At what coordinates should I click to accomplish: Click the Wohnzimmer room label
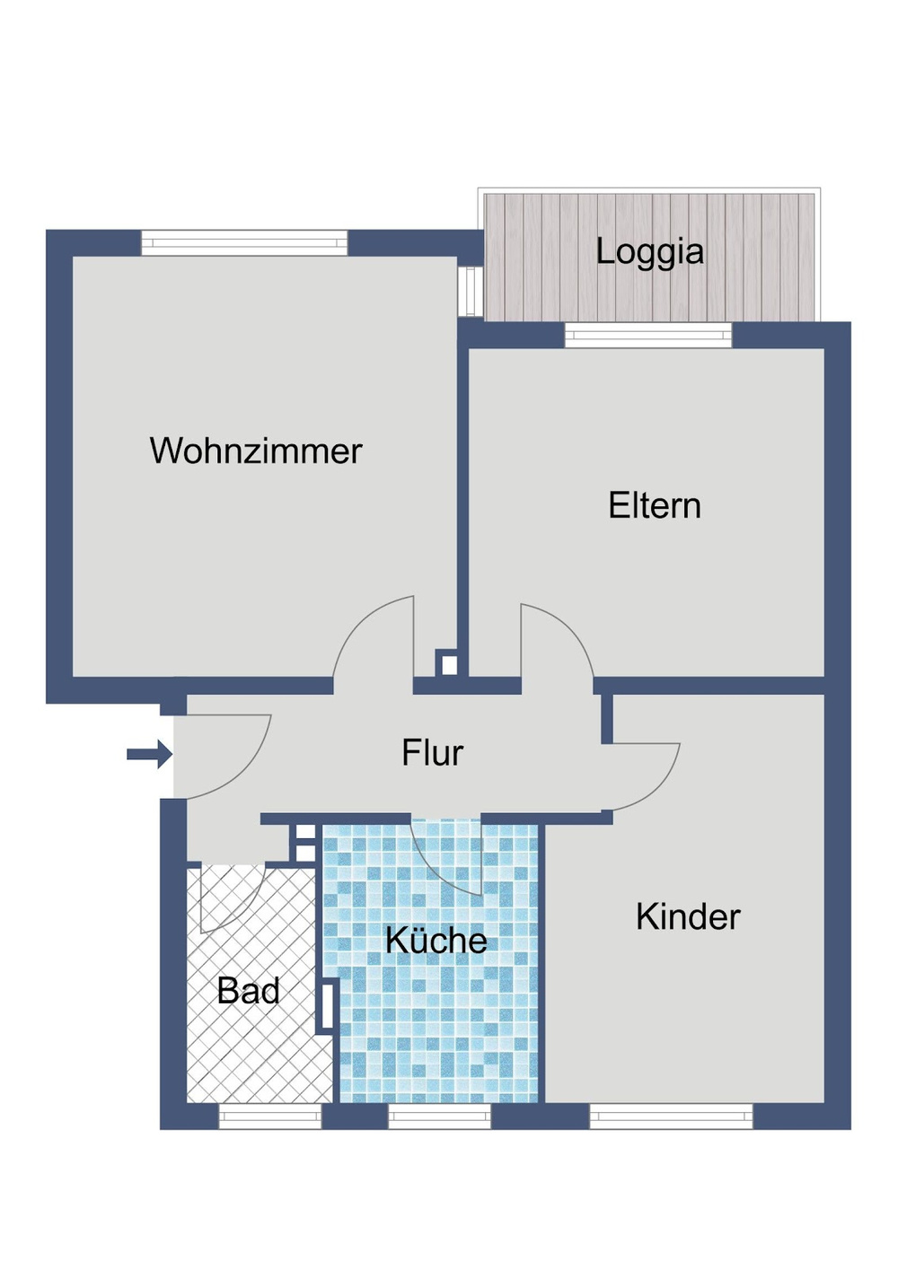[256, 451]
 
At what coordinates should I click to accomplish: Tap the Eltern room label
[654, 505]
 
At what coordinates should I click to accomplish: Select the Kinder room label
[688, 916]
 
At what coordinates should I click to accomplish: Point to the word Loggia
[649, 251]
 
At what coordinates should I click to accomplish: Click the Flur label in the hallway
[432, 753]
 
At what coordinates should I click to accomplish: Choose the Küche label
[436, 940]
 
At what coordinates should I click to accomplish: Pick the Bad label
[248, 991]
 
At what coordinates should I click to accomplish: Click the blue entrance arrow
[149, 754]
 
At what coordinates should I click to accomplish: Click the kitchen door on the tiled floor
[449, 857]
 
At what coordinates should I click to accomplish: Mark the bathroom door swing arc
[228, 898]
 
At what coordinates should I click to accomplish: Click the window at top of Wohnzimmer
[244, 243]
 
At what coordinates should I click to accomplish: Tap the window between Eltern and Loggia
[648, 336]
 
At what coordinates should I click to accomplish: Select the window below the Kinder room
[671, 1116]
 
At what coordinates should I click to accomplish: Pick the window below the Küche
[439, 1116]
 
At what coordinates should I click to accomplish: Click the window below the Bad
[270, 1116]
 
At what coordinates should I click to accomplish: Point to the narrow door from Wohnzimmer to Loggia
[467, 291]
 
